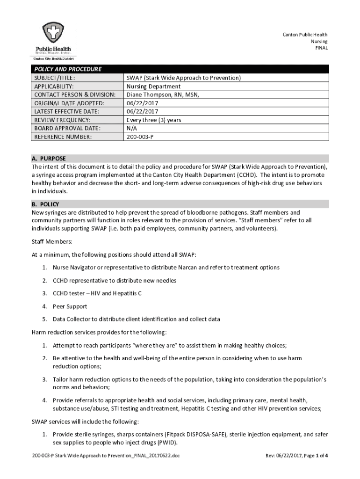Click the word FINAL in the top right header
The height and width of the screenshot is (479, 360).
(321, 48)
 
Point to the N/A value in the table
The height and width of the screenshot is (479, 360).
(131, 129)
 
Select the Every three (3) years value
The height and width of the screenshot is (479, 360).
(154, 120)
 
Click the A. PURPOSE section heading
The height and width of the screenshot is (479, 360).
(49, 159)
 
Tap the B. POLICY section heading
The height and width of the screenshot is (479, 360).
(45, 204)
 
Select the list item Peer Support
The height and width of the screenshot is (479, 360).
(70, 307)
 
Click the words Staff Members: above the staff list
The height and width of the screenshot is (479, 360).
(52, 242)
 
